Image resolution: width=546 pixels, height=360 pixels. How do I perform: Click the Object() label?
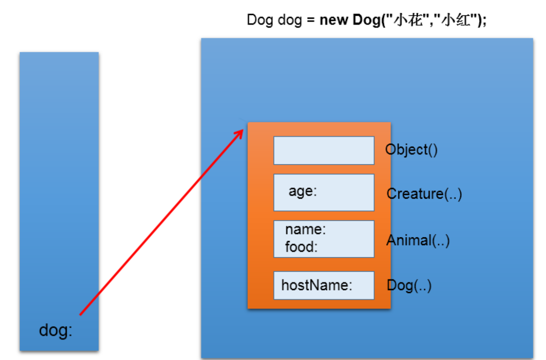(411, 150)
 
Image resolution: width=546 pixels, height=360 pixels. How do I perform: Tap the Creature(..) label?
(424, 194)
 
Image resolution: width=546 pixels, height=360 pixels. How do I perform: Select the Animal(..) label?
(418, 240)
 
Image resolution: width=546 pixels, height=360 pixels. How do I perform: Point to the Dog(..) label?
(409, 286)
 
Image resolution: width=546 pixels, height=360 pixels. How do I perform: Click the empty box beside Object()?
(324, 150)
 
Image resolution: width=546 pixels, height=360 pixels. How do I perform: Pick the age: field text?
(303, 191)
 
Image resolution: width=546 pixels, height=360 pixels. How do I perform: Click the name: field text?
(305, 229)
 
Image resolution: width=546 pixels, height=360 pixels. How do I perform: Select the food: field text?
(301, 247)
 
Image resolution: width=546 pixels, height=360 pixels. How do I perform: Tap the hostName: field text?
(317, 285)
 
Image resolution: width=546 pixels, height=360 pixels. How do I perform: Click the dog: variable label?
(56, 331)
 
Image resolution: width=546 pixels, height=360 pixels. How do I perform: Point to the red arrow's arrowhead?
(241, 132)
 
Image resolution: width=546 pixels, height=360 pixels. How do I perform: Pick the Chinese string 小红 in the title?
(456, 20)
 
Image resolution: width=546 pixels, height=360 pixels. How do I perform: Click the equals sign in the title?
(311, 20)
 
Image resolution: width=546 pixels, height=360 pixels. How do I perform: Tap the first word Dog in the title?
(259, 20)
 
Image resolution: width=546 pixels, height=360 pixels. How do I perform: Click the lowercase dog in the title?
(290, 20)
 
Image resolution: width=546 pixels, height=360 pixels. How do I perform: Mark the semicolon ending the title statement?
(484, 21)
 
